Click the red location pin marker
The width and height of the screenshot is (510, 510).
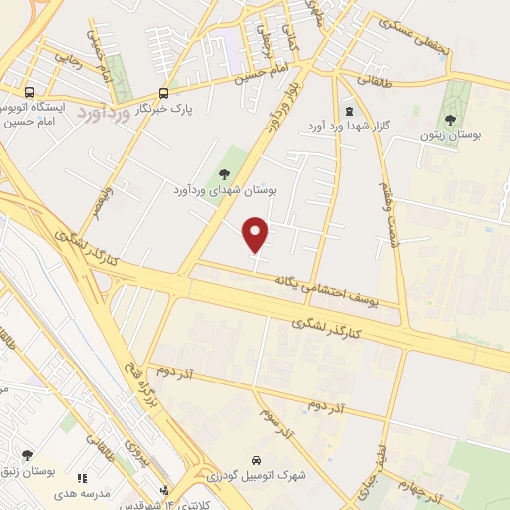(x=257, y=233)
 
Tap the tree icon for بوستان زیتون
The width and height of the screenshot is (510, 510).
(x=450, y=118)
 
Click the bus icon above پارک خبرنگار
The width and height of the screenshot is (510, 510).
(x=163, y=91)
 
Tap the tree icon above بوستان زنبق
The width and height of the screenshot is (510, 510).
(x=27, y=454)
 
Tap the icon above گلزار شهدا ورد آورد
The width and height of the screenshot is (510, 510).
(x=348, y=112)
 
